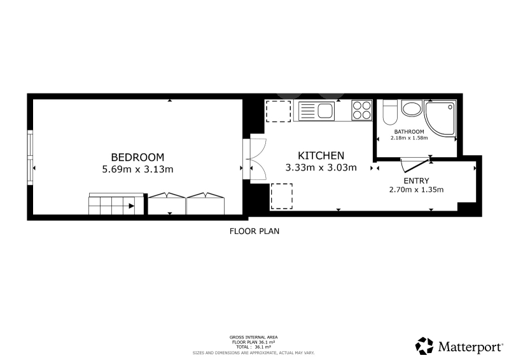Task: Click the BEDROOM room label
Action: click(137, 157)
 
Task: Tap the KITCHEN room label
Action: click(321, 156)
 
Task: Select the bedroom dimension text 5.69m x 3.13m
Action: click(137, 169)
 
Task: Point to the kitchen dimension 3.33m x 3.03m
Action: click(321, 167)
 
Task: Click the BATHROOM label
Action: click(409, 132)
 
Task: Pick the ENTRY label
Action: click(416, 181)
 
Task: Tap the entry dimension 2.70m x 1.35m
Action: click(416, 190)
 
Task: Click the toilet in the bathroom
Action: click(390, 113)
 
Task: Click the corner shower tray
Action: click(440, 118)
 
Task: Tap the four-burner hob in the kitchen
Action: click(362, 111)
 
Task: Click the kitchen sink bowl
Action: click(326, 111)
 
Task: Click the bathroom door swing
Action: click(415, 165)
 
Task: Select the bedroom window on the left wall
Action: click(30, 157)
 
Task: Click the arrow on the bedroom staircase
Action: click(131, 206)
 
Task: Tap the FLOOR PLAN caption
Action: click(254, 231)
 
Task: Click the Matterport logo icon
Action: click(424, 346)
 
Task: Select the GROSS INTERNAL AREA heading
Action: click(253, 338)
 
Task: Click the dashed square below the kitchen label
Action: click(281, 197)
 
